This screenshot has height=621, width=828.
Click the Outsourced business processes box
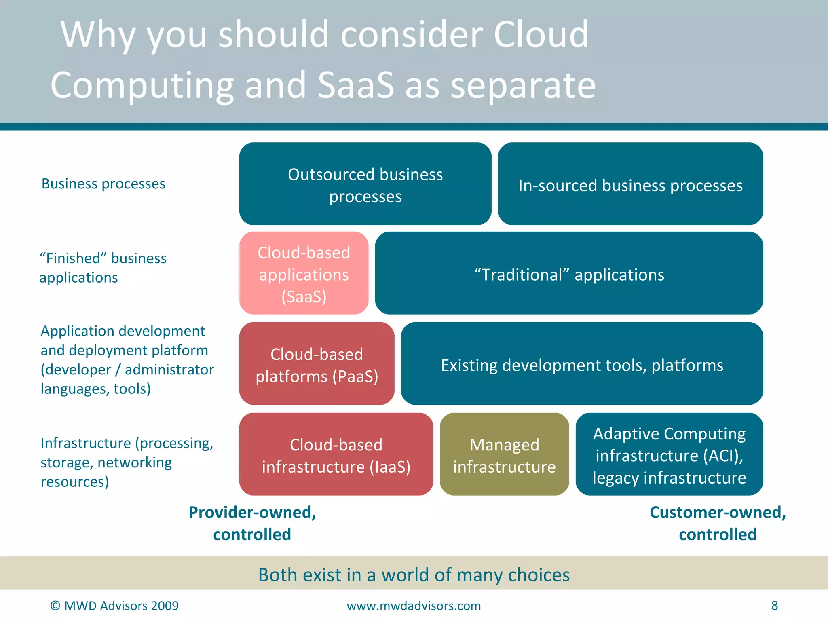click(365, 184)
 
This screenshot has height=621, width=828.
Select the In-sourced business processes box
click(630, 184)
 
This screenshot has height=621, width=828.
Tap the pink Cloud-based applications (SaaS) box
click(304, 273)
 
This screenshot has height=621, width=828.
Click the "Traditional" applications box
click(569, 273)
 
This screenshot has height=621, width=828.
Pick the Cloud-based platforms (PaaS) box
click(317, 364)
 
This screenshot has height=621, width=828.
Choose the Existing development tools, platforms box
click(582, 364)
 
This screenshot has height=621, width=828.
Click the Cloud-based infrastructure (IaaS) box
click(336, 454)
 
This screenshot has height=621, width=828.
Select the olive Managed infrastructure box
click(504, 454)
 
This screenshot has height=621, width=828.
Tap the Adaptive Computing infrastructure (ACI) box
click(669, 454)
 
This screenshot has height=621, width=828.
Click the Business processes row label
click(103, 184)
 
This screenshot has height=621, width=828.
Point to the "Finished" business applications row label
click(103, 268)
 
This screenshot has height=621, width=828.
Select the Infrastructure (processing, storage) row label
click(126, 462)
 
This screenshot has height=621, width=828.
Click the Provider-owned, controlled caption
click(252, 523)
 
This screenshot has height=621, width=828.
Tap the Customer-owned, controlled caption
click(718, 523)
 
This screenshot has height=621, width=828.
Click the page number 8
click(774, 605)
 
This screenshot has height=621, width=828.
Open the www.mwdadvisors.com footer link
click(414, 606)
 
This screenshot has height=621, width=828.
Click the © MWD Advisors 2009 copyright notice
click(114, 606)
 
